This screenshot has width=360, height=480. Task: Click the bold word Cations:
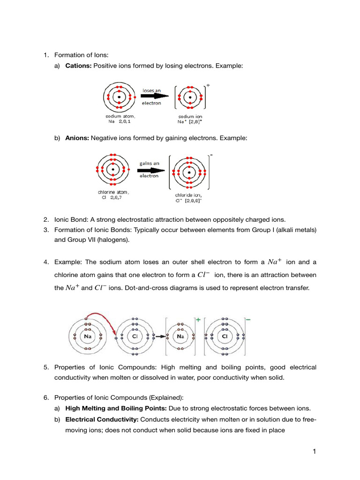tap(78, 67)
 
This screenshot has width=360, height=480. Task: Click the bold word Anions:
tap(77, 138)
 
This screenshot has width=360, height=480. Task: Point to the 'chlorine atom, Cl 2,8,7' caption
tap(113, 195)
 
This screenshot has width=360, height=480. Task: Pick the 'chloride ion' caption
tap(188, 197)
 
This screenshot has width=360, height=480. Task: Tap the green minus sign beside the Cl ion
tap(248, 319)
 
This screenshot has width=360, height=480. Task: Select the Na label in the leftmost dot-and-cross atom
tap(87, 337)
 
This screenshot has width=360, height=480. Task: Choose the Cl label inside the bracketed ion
tap(225, 337)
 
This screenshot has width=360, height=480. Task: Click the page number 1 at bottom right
tap(315, 451)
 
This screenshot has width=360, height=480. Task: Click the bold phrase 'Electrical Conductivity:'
tap(101, 419)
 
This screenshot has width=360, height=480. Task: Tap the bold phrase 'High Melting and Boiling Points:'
tap(115, 408)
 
